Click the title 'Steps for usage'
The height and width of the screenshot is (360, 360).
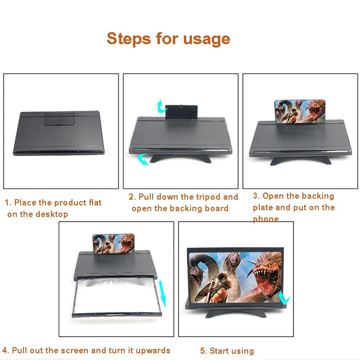tap(168, 38)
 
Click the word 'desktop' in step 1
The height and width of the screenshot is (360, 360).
tap(52, 214)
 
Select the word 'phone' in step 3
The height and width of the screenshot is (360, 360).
tap(265, 219)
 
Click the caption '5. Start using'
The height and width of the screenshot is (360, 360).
tap(227, 351)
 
